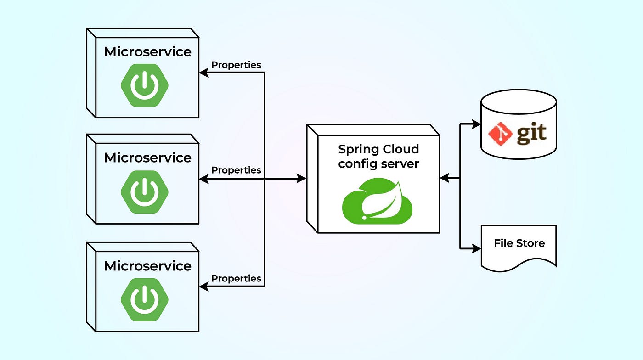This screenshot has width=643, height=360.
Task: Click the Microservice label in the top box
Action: pyautogui.click(x=147, y=52)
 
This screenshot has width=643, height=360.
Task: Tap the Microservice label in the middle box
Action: pyautogui.click(x=147, y=157)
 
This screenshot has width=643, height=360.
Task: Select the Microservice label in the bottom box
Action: pyautogui.click(x=147, y=266)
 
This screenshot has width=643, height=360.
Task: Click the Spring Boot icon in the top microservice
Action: pyautogui.click(x=145, y=85)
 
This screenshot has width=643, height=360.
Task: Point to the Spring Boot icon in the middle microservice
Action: pyautogui.click(x=145, y=192)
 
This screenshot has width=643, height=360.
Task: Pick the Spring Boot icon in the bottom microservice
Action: pyautogui.click(x=145, y=299)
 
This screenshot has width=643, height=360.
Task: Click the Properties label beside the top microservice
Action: pyautogui.click(x=236, y=65)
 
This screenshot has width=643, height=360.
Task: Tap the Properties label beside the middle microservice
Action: pyautogui.click(x=236, y=170)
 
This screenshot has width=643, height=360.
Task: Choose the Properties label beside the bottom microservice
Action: pyautogui.click(x=236, y=278)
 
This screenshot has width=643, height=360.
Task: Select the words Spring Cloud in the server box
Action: pyautogui.click(x=378, y=149)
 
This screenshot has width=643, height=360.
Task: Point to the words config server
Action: pyautogui.click(x=378, y=163)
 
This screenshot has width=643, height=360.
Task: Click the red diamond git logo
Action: pyautogui.click(x=501, y=133)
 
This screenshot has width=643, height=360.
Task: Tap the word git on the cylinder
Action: pyautogui.click(x=532, y=133)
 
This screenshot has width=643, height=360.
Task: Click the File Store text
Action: pyautogui.click(x=519, y=243)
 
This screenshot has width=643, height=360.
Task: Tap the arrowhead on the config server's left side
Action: pyautogui.click(x=302, y=179)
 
